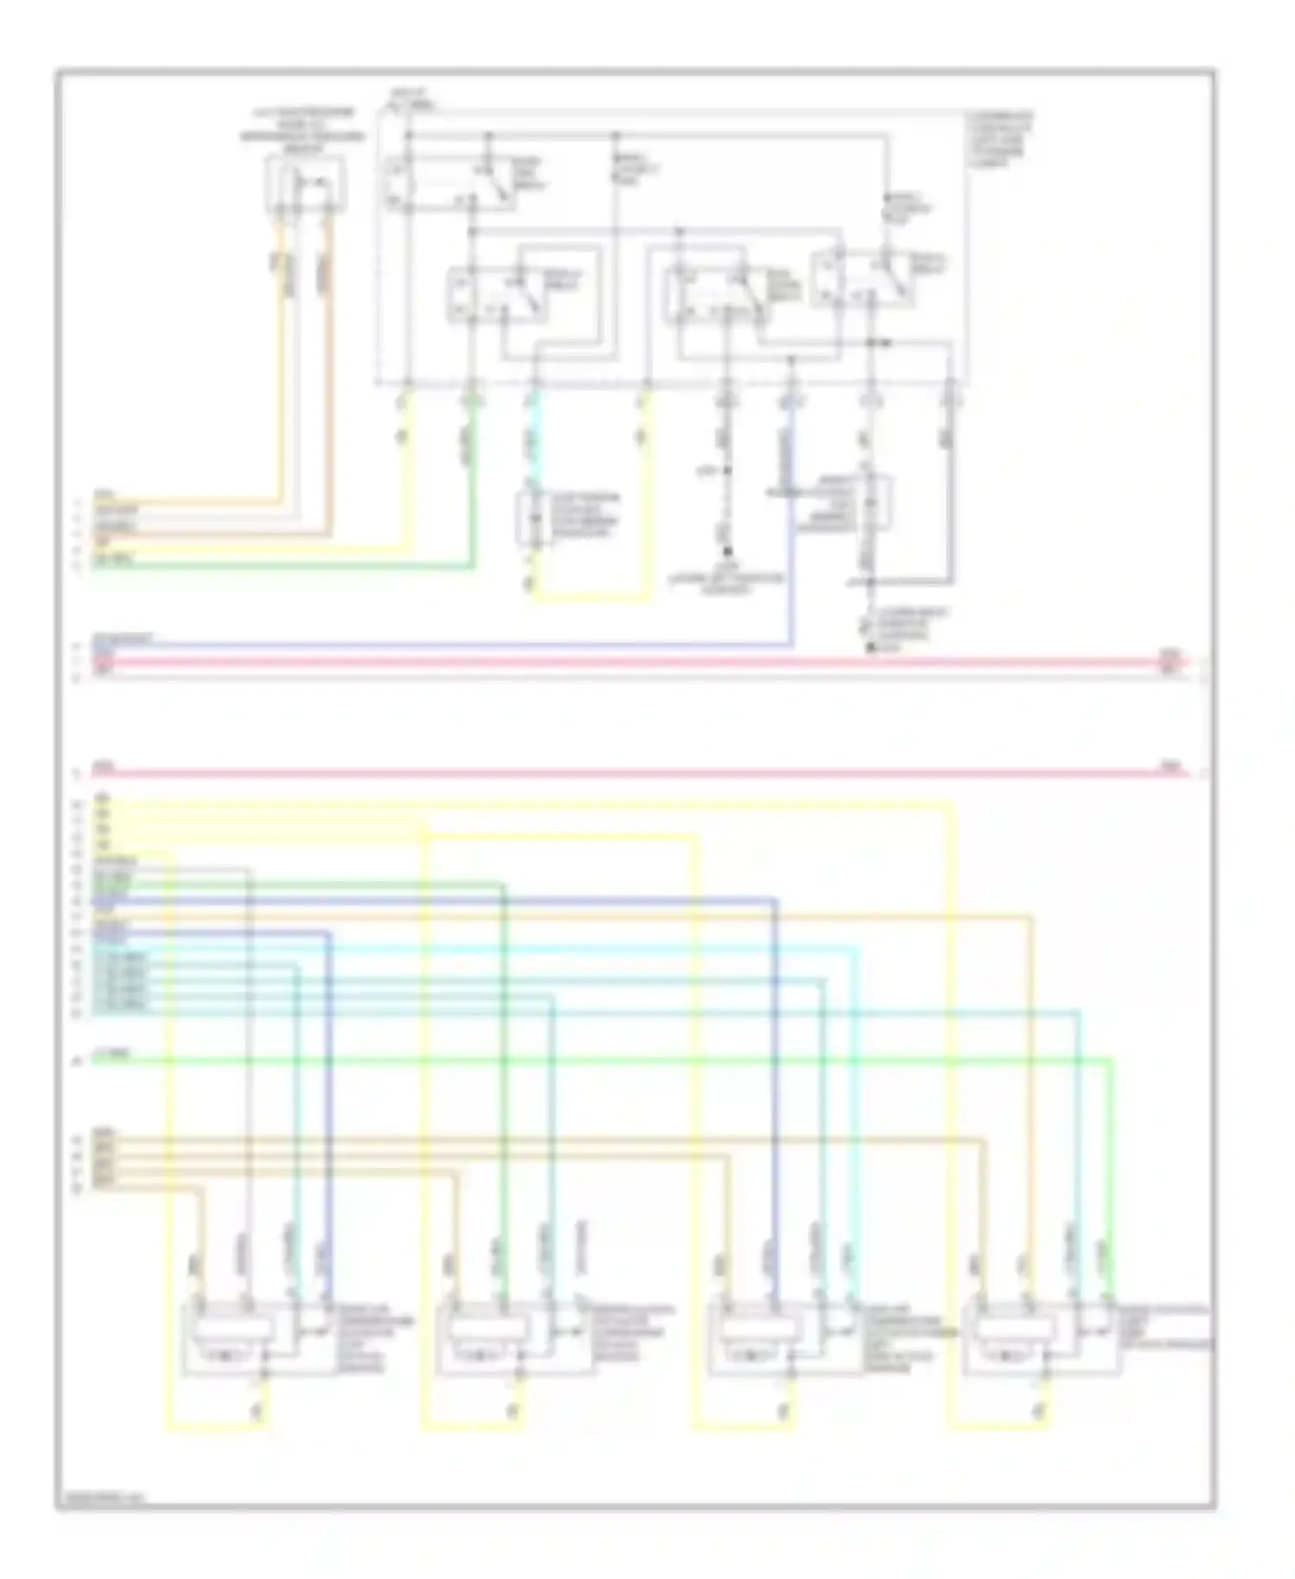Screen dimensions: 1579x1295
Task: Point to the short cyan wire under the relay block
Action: [x=534, y=432]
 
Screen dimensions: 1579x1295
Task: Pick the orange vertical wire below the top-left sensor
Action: [x=328, y=363]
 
